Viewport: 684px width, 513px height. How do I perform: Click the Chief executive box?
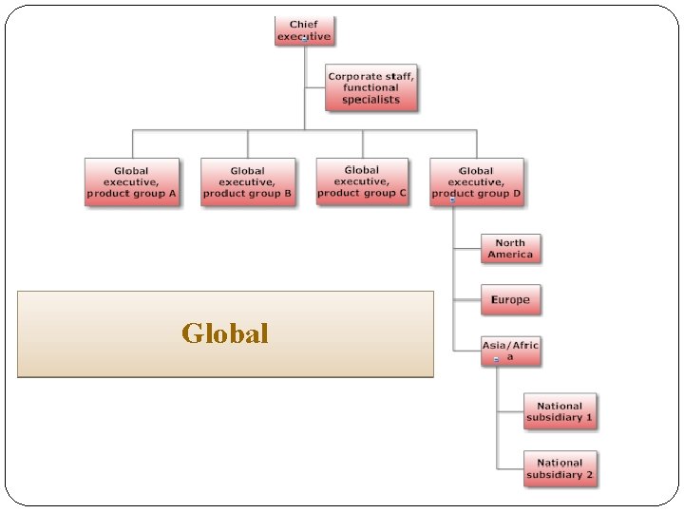tap(305, 30)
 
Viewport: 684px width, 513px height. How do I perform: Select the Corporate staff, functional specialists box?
tap(370, 87)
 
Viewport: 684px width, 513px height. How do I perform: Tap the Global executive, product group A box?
tap(132, 181)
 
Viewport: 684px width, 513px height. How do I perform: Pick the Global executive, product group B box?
tap(248, 181)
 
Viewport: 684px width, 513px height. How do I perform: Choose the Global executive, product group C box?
tap(362, 180)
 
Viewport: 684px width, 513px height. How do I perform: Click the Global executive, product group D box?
tap(476, 181)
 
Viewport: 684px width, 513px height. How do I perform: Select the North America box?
tap(510, 249)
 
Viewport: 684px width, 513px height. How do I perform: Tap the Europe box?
tap(510, 300)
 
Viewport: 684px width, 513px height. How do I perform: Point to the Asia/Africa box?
tap(510, 350)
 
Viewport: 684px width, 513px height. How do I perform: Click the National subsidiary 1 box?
tap(560, 411)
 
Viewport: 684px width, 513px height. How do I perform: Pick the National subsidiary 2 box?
tap(560, 468)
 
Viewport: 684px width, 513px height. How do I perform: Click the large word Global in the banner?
tap(225, 333)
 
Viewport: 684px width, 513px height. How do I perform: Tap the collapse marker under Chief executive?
tap(304, 40)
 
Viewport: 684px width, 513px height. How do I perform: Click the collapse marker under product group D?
tap(452, 200)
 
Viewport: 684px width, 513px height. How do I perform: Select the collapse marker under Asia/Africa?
tap(496, 360)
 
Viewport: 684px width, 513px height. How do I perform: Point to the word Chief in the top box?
tap(304, 25)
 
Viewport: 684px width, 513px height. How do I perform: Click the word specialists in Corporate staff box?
tap(371, 100)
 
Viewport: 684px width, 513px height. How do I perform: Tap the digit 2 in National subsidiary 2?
tap(589, 474)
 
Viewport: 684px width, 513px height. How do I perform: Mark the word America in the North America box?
tap(511, 255)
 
